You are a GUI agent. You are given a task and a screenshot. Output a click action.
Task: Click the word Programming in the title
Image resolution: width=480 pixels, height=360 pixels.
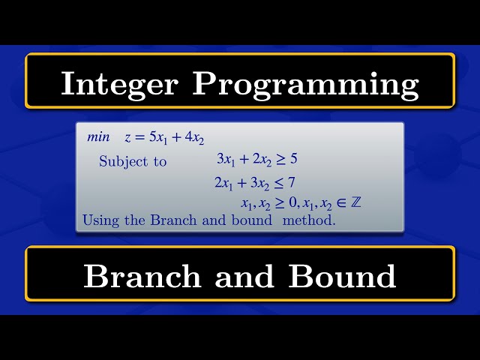click(305, 84)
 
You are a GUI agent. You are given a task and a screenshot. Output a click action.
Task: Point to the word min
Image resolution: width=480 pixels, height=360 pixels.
click(98, 137)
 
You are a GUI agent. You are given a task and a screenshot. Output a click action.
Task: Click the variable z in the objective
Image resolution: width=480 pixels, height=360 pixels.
click(127, 138)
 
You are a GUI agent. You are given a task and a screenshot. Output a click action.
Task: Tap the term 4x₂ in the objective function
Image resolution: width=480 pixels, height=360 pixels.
click(193, 138)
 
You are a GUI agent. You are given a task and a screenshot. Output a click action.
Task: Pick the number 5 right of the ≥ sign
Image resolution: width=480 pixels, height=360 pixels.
click(293, 159)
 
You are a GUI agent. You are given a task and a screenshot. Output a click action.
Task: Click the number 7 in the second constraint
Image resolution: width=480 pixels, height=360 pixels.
click(293, 181)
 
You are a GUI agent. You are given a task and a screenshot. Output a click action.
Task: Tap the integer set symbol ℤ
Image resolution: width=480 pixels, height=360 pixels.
click(356, 203)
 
